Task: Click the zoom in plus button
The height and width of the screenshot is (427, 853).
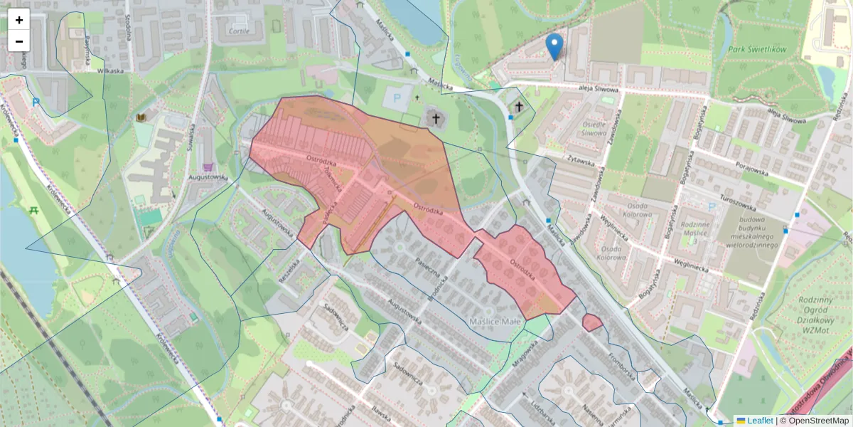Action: pyautogui.click(x=19, y=20)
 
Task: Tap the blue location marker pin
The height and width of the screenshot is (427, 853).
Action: pyautogui.click(x=554, y=46)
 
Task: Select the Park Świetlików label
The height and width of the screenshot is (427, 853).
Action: pyautogui.click(x=756, y=50)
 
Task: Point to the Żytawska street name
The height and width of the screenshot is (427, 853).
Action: pyautogui.click(x=581, y=162)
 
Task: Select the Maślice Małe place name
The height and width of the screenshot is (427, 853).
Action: pyautogui.click(x=495, y=322)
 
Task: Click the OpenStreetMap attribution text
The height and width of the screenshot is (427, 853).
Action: pyautogui.click(x=818, y=421)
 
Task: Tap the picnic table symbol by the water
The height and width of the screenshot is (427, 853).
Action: pyautogui.click(x=34, y=210)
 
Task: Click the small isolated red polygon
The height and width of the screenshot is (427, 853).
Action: pyautogui.click(x=591, y=322)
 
